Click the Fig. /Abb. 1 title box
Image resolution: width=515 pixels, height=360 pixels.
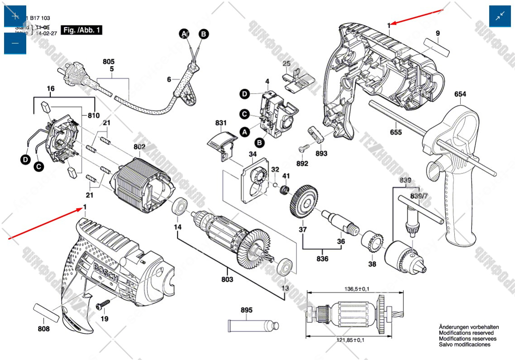[x=81, y=30]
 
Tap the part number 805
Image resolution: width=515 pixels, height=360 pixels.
[x=109, y=62]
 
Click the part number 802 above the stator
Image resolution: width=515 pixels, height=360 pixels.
[x=139, y=147]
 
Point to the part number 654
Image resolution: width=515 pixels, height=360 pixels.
[x=460, y=94]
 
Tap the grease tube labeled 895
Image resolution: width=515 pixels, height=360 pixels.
[x=252, y=326]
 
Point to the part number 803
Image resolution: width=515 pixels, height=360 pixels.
[x=227, y=279]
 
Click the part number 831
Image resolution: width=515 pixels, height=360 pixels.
[x=221, y=123]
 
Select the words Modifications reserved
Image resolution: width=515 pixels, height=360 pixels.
[x=466, y=333]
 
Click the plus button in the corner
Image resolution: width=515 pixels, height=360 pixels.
[x=15, y=16]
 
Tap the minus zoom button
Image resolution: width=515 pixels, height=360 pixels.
[x=15, y=43]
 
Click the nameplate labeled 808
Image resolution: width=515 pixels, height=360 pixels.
[x=47, y=313]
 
